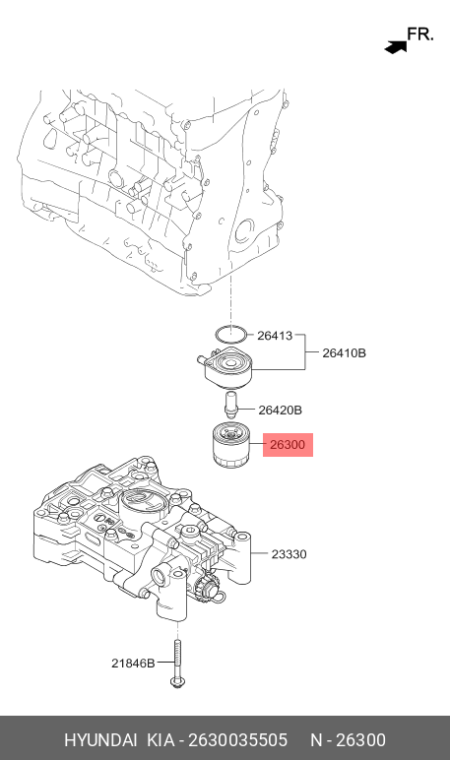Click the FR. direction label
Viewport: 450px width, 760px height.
[x=419, y=34]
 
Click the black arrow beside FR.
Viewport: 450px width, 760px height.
[x=396, y=44]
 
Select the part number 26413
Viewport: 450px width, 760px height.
[x=275, y=336]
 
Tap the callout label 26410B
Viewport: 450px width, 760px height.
[x=344, y=352]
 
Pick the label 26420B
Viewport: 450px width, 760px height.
[x=280, y=410]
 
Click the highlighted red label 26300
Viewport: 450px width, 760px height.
[x=288, y=446]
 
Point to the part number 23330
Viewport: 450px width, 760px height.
[x=289, y=554]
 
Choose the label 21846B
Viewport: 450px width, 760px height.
[x=132, y=664]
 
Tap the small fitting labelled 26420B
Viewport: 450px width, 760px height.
[x=231, y=404]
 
